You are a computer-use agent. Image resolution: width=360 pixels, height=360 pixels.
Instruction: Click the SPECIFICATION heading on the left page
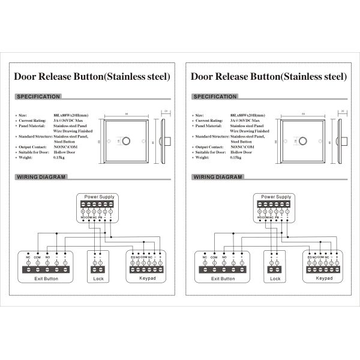click(x=38, y=97)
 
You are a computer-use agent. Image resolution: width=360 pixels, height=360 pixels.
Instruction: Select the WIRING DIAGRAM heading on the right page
click(x=217, y=178)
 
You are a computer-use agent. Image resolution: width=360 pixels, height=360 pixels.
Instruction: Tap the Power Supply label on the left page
click(x=100, y=197)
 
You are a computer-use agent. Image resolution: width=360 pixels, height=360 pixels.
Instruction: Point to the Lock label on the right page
click(x=275, y=279)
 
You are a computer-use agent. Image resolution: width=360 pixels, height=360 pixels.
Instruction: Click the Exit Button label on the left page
click(x=47, y=279)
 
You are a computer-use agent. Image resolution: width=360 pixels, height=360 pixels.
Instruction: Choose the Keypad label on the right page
click(x=324, y=279)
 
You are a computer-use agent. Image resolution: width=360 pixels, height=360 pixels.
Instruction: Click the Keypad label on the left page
click(x=148, y=279)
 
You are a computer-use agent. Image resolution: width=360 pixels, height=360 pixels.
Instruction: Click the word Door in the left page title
click(x=26, y=77)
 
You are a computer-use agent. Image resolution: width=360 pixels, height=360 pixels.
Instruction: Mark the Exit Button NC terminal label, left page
click(x=28, y=257)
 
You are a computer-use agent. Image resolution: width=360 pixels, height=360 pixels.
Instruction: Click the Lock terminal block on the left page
click(x=98, y=263)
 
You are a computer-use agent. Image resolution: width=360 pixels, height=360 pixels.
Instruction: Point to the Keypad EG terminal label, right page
click(x=309, y=257)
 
